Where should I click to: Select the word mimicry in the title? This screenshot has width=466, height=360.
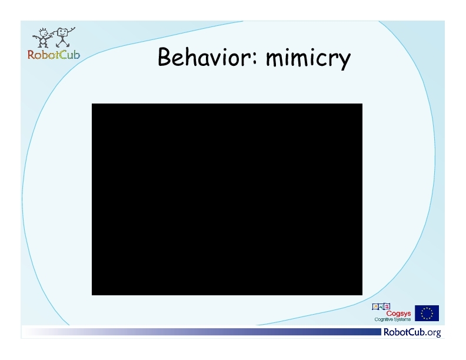pyautogui.click(x=308, y=58)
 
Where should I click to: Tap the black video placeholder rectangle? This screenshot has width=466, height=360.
pyautogui.click(x=227, y=199)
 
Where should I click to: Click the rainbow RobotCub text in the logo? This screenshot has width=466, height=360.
pyautogui.click(x=54, y=55)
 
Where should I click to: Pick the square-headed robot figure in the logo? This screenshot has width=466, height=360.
pyautogui.click(x=63, y=37)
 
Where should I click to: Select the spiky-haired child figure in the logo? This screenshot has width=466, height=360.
pyautogui.click(x=42, y=38)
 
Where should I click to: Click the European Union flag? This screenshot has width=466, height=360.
pyautogui.click(x=427, y=313)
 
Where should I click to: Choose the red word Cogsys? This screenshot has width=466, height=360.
pyautogui.click(x=398, y=314)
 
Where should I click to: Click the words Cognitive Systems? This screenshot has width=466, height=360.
pyautogui.click(x=392, y=319)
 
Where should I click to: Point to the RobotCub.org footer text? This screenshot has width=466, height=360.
pyautogui.click(x=412, y=332)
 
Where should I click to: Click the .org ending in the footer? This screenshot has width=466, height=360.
pyautogui.click(x=433, y=333)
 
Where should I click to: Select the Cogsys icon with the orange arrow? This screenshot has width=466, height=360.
pyautogui.click(x=375, y=306)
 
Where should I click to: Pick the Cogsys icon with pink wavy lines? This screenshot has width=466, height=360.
pyautogui.click(x=387, y=306)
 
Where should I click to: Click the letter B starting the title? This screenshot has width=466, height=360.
pyautogui.click(x=164, y=56)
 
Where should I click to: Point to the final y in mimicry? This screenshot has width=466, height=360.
pyautogui.click(x=345, y=62)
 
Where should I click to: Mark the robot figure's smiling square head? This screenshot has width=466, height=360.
pyautogui.click(x=63, y=32)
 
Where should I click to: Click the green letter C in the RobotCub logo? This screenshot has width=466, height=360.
pyautogui.click(x=62, y=55)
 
